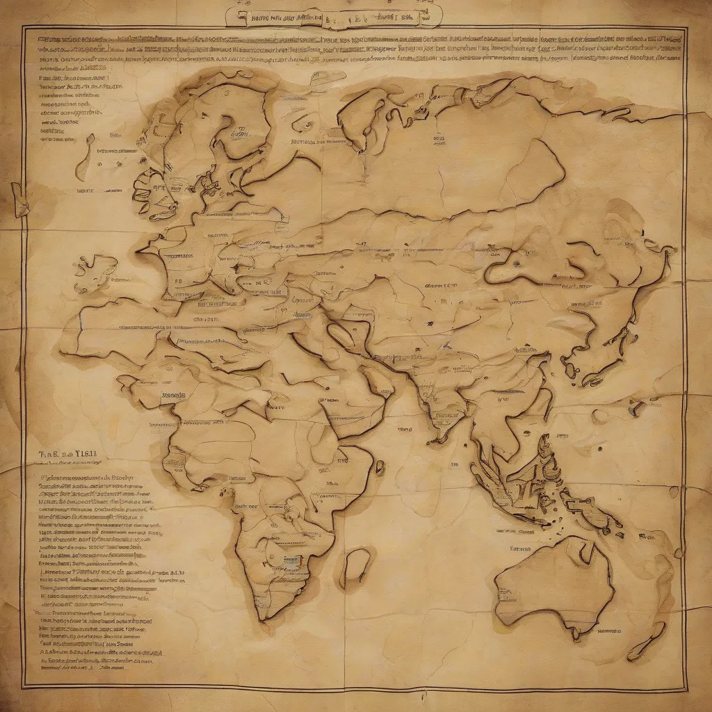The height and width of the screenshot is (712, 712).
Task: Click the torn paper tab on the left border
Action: pyautogui.click(x=19, y=200)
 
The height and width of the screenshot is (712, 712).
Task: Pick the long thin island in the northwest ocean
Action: pyautogui.click(x=84, y=156)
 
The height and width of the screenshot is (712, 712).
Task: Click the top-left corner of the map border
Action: pyautogui.click(x=23, y=27)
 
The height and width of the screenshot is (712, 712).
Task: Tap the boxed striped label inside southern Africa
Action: pyautogui.click(x=293, y=560)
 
